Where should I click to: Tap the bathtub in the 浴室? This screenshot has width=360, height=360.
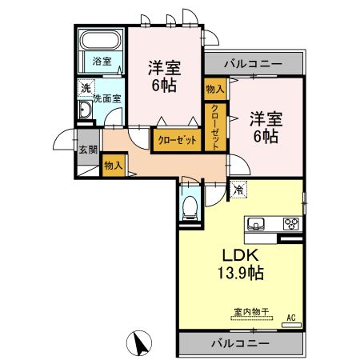coord(101,41)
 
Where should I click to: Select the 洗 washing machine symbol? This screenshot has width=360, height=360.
coord(85,89)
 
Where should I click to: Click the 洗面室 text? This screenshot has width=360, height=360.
coord(106,98)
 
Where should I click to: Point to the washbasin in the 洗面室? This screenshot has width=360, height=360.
coord(86,110)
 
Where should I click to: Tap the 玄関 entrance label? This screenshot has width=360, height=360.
coord(87,150)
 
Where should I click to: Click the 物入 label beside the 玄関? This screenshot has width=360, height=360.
coord(113,166)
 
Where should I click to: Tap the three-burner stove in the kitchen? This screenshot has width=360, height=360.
coord(291,223)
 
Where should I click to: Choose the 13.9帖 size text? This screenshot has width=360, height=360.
coord(240,274)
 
